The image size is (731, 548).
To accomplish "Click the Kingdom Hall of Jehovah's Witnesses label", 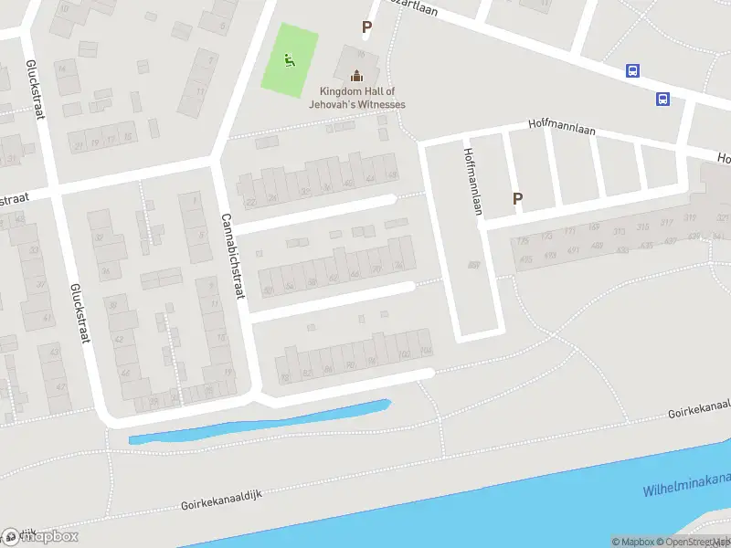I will point(362,98).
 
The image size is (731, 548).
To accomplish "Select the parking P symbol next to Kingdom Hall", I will point(366,27).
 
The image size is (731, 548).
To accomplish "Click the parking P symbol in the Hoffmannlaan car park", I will point(517,198).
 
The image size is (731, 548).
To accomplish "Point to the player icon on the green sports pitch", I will point(290,61).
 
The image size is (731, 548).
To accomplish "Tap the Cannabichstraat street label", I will point(234,258).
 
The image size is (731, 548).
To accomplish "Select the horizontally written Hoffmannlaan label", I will point(561,130).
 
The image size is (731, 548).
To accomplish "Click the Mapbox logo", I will point(40,537).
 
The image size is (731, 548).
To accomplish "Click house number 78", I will point(284,378).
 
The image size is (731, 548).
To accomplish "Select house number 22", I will point(250,203).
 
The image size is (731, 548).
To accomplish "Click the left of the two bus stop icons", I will point(631,70).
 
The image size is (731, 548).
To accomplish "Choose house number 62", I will point(333,278).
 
